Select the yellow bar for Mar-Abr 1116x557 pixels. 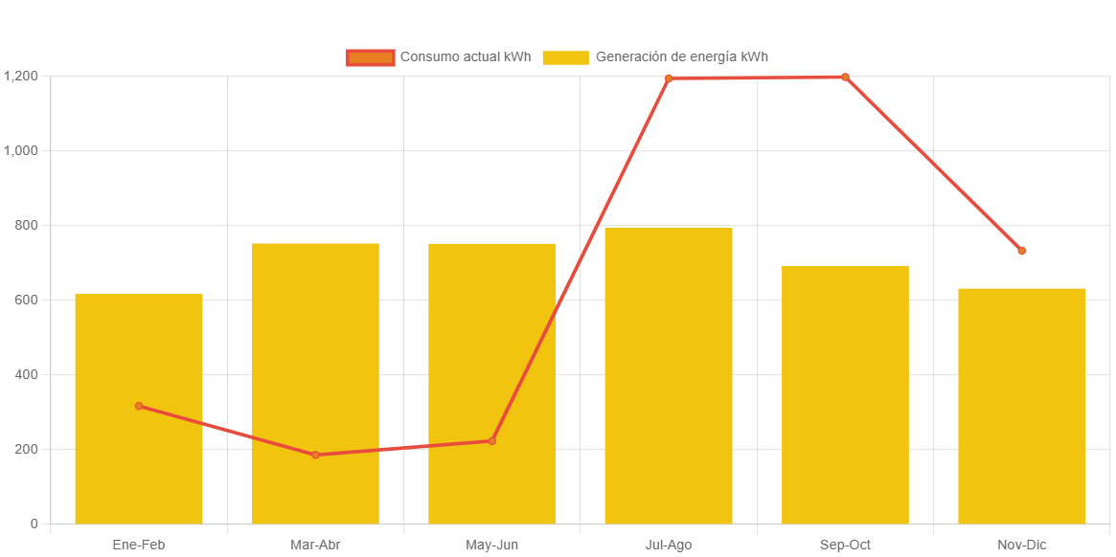click(315, 383)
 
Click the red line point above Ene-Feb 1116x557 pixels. click(139, 406)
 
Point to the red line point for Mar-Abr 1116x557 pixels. click(315, 455)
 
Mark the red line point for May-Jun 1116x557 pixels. click(491, 441)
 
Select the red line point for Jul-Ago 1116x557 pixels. click(668, 78)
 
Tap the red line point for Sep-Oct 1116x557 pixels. click(845, 77)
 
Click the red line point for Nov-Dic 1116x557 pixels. click(1021, 251)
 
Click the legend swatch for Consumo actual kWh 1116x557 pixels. click(370, 57)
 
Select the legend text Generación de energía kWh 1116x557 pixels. click(681, 57)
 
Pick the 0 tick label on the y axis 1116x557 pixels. click(34, 524)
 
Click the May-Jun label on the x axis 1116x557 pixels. click(491, 545)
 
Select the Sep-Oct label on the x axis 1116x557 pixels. click(845, 545)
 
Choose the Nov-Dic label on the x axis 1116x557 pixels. click(1021, 545)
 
